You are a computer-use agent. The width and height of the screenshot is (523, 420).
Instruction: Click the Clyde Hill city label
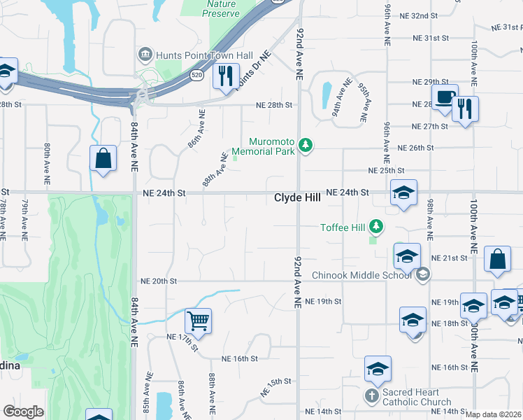(x=297, y=198)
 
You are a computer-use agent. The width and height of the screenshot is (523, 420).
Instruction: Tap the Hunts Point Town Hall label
(x=194, y=54)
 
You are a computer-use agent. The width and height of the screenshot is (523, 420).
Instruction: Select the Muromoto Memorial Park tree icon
(x=305, y=145)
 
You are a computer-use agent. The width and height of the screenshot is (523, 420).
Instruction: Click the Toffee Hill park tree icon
(x=377, y=226)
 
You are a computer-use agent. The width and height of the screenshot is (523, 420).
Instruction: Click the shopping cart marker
(x=198, y=321)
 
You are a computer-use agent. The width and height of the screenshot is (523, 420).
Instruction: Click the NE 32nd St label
(x=418, y=15)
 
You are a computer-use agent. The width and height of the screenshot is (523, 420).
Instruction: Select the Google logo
(x=23, y=412)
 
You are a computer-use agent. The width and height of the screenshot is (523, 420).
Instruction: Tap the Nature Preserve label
(x=221, y=8)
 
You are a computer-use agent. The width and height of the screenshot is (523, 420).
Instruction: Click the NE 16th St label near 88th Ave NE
(x=240, y=358)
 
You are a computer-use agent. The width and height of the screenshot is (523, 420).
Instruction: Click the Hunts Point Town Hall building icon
(x=145, y=54)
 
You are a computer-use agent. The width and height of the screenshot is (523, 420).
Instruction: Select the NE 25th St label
(x=387, y=170)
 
